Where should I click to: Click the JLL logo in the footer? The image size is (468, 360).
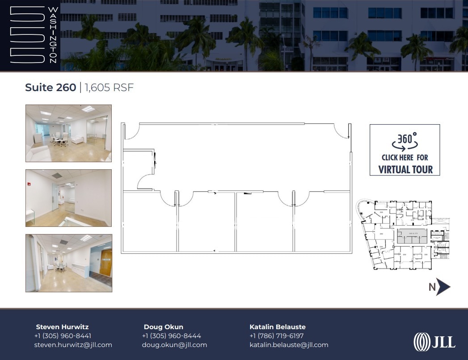coord(434,342)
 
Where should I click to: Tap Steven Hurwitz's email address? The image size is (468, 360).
coord(73,345)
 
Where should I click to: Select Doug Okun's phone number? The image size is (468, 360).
coord(171,336)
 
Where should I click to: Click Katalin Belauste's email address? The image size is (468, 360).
coord(289,345)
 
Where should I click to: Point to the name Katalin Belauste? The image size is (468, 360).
coord(278,327)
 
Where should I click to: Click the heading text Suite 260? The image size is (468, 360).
coord(51,88)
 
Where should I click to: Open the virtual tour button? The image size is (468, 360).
coord(405,150)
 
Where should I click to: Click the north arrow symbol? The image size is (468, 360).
coord(443,287)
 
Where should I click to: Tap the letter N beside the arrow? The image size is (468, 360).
coord(432,287)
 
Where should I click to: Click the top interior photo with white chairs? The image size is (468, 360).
coord(68,133)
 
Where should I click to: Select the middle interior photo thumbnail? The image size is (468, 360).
coord(68,198)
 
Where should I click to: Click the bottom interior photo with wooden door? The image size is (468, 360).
coord(68,263)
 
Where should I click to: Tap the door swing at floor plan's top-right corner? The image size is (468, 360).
coord(342,131)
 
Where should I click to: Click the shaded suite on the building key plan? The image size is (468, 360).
coord(410,236)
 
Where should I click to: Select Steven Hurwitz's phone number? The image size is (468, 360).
coord(63,336)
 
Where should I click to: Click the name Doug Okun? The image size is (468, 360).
coord(163,327)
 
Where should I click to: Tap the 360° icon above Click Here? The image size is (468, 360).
coord(405,140)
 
